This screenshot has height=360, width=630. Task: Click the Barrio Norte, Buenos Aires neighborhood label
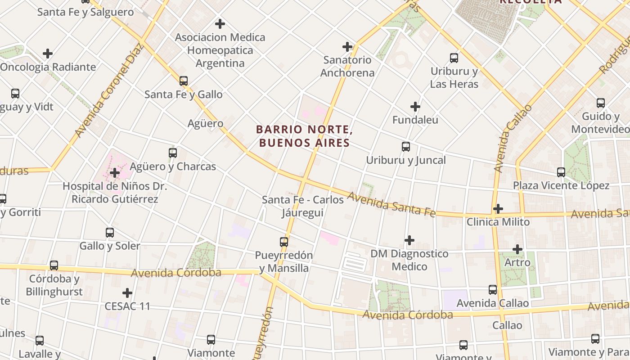(303, 136)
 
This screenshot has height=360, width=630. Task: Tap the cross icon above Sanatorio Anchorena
(347, 46)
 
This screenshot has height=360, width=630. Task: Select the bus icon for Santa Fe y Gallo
(184, 81)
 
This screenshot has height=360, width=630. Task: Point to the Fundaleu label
(415, 120)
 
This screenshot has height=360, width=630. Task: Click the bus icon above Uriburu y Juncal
(406, 147)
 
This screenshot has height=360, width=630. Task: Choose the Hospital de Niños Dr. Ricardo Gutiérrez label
(115, 193)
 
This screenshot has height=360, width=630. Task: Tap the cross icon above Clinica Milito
(498, 209)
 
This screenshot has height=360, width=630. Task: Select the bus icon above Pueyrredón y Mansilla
(284, 242)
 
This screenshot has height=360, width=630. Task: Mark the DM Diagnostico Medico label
(409, 260)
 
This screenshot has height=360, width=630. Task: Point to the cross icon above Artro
(517, 249)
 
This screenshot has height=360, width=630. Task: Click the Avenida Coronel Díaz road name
(109, 90)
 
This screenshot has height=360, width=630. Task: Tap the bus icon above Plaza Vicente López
(561, 172)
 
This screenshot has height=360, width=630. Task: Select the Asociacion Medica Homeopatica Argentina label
(220, 50)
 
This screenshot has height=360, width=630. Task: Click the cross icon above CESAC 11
(127, 293)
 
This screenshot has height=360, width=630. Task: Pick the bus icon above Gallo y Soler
(110, 233)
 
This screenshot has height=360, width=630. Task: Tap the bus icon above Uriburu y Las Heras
(454, 58)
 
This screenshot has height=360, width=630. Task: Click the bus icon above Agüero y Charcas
(173, 153)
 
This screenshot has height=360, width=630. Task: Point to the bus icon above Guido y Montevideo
(601, 103)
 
